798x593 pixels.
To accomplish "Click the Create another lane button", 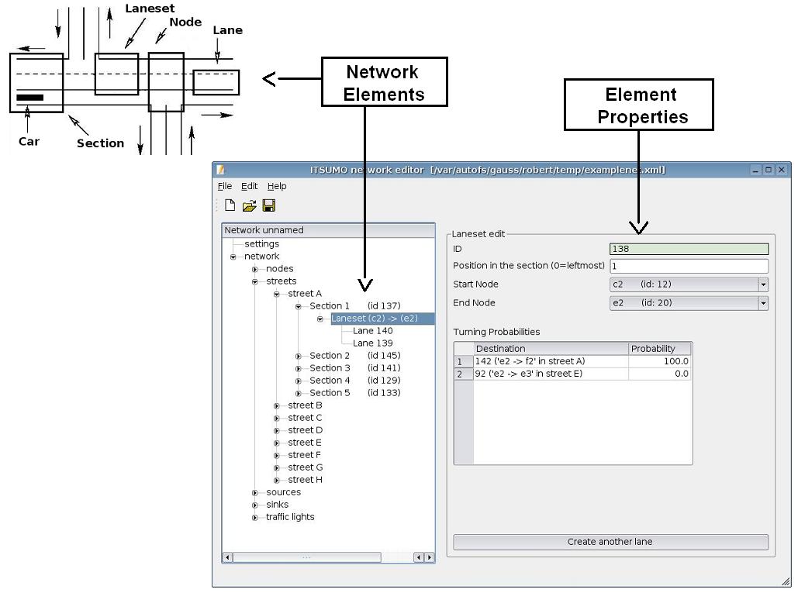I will [610, 542].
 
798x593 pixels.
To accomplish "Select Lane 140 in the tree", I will [372, 331].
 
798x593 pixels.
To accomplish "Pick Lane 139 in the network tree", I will [372, 343].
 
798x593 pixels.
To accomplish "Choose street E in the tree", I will [305, 443].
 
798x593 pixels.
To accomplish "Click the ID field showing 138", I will [689, 249].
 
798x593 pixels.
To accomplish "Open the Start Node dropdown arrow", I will [763, 284].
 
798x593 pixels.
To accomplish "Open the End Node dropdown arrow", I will [763, 303].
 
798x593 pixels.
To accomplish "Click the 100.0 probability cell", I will [659, 361].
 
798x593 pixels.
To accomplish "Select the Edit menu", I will [249, 186].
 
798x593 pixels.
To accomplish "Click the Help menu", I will [277, 186].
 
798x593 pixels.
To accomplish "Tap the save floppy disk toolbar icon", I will [269, 205].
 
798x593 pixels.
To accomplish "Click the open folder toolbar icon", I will [249, 205].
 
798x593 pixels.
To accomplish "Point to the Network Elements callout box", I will [385, 82].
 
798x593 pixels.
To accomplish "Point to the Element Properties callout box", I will [638, 105].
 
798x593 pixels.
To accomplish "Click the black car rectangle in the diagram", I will [30, 98].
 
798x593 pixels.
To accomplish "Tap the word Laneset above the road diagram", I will [150, 9].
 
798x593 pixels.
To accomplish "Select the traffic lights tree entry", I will [290, 517].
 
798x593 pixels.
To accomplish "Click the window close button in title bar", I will [782, 170].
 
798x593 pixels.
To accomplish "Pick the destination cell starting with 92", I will [551, 374].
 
